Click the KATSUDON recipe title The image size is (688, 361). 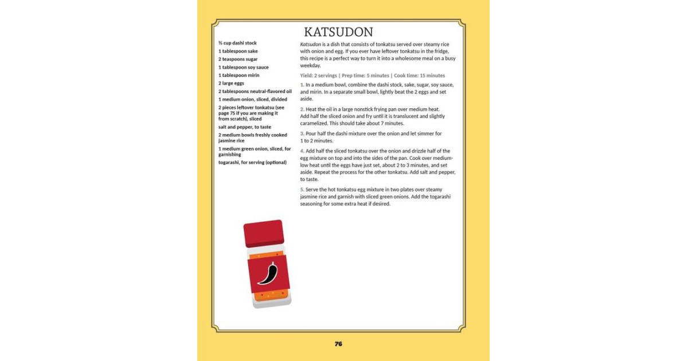338,32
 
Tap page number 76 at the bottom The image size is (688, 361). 338,344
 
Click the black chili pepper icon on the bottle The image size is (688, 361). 267,274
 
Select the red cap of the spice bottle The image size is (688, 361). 264,233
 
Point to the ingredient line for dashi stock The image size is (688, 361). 237,43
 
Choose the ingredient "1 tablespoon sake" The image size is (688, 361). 238,51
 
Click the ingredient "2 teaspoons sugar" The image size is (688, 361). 238,59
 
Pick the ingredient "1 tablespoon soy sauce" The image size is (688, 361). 243,67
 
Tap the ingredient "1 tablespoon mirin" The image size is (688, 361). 239,75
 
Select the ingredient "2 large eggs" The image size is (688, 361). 231,83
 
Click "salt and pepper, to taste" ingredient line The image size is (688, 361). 245,127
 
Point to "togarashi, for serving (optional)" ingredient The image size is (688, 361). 252,162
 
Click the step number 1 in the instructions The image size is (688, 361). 302,85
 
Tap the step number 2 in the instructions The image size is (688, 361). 302,109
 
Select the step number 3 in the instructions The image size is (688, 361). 302,134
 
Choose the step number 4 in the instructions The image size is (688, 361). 302,151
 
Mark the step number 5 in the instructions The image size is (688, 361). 302,189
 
